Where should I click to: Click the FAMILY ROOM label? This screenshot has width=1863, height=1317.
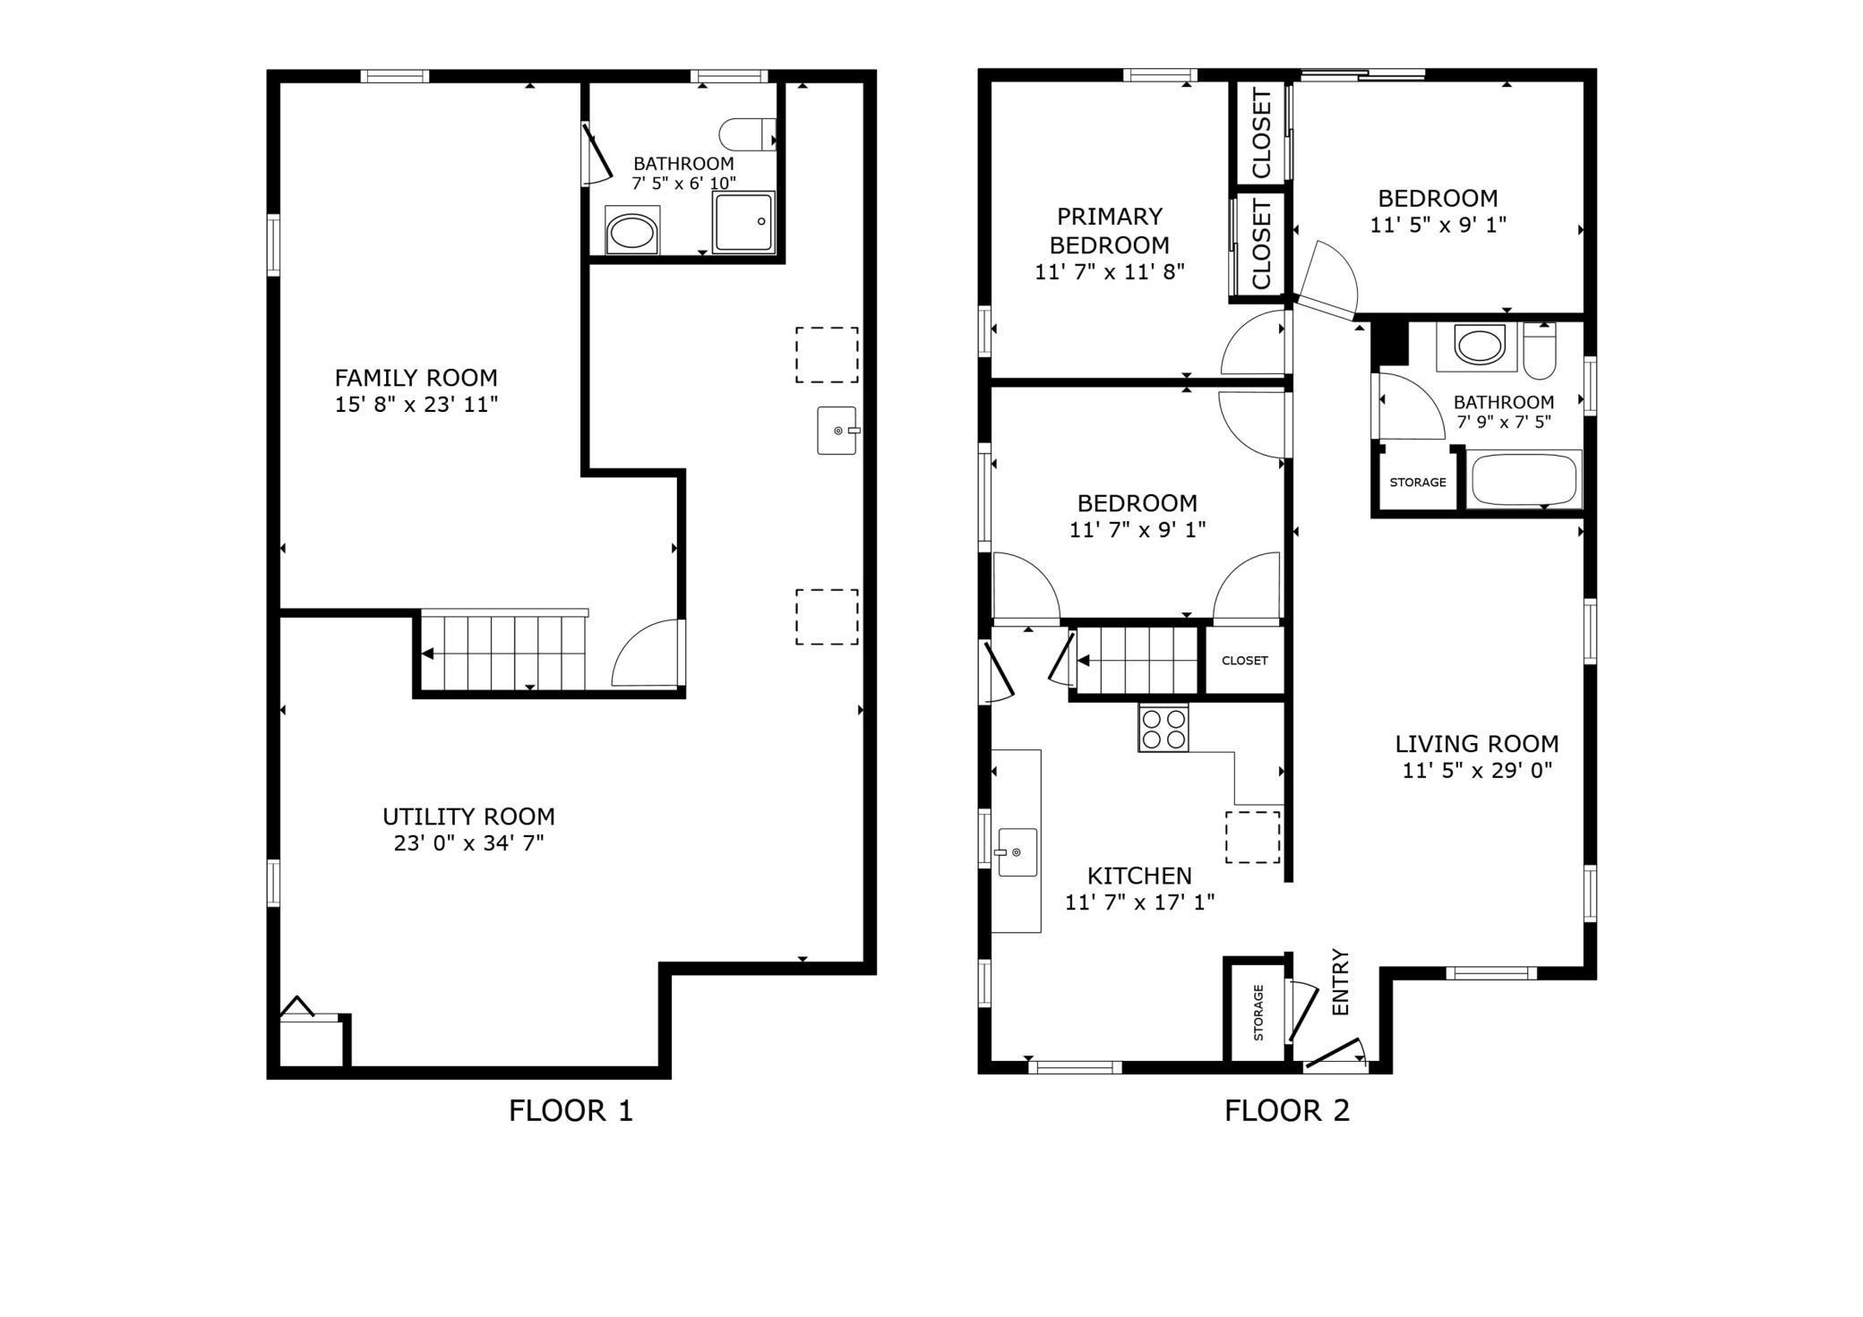pyautogui.click(x=416, y=378)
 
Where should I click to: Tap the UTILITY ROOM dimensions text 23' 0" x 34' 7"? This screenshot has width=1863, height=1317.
pyautogui.click(x=468, y=843)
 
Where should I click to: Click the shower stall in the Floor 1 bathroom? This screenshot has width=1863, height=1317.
pyautogui.click(x=743, y=222)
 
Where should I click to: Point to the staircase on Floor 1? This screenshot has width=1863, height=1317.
pyautogui.click(x=503, y=653)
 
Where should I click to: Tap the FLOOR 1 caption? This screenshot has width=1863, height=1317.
pyautogui.click(x=571, y=1111)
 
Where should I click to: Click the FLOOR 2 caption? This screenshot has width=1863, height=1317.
pyautogui.click(x=1286, y=1111)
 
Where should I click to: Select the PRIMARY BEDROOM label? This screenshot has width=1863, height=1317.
pyautogui.click(x=1109, y=230)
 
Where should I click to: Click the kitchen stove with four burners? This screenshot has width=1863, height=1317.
pyautogui.click(x=1163, y=728)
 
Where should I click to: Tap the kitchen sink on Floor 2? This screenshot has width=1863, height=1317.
pyautogui.click(x=1017, y=851)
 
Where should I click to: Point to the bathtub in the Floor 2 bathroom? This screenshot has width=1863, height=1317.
pyautogui.click(x=1523, y=480)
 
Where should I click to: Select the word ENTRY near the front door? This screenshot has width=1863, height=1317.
pyautogui.click(x=1341, y=982)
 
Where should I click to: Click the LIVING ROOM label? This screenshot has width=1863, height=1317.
pyautogui.click(x=1476, y=744)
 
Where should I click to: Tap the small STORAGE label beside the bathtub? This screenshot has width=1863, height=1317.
pyautogui.click(x=1417, y=483)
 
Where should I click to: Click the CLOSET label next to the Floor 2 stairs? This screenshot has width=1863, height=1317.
pyautogui.click(x=1244, y=661)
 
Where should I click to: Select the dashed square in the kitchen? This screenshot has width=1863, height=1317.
pyautogui.click(x=1252, y=837)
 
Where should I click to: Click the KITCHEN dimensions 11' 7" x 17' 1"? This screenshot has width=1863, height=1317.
pyautogui.click(x=1139, y=902)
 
